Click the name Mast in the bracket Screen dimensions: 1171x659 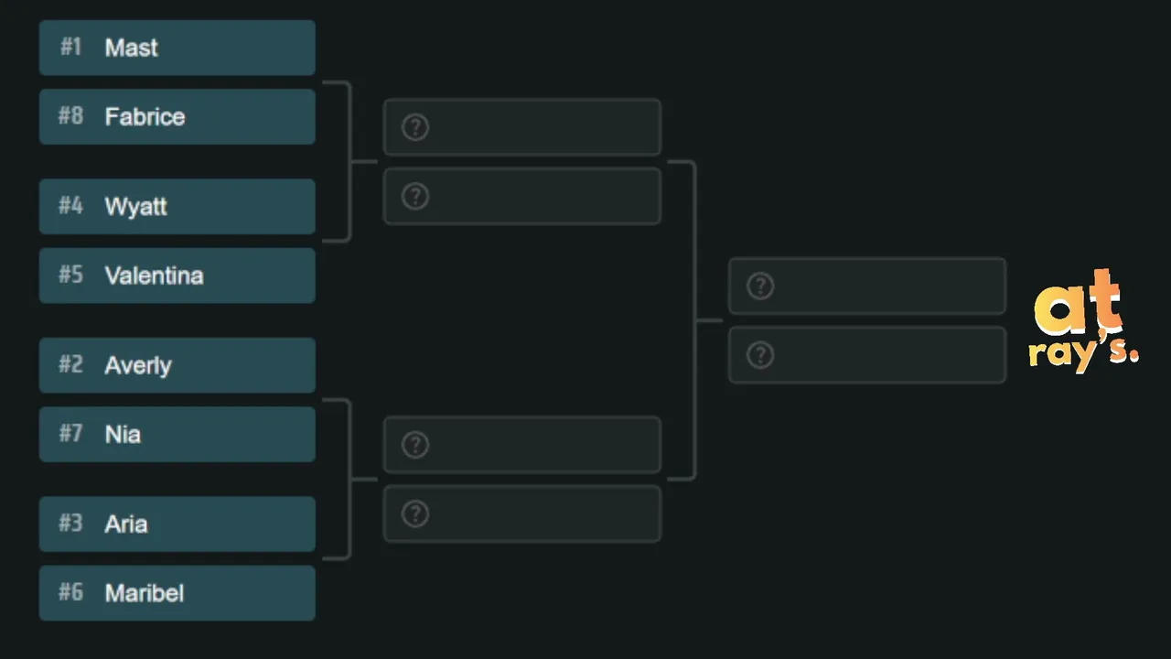(x=131, y=48)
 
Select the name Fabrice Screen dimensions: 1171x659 (x=145, y=116)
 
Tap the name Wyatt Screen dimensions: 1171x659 (x=136, y=207)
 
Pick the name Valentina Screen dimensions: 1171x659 (x=154, y=275)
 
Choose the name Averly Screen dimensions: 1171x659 (x=138, y=365)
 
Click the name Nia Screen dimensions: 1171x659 (x=123, y=435)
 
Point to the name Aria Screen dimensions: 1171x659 (x=126, y=524)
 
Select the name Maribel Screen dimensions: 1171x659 (x=145, y=593)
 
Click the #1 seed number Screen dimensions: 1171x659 (x=71, y=47)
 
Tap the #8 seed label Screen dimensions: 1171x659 (x=70, y=115)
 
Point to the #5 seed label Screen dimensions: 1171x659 (x=70, y=275)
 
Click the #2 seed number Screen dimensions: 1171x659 (x=70, y=364)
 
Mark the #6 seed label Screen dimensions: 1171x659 (x=70, y=592)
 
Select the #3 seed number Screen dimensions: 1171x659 (x=70, y=523)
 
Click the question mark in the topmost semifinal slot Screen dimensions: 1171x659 (x=415, y=127)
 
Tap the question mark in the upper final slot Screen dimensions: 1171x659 (x=760, y=286)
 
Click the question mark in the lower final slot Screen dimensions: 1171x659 (x=760, y=355)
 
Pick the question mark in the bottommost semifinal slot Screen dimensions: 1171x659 (x=415, y=514)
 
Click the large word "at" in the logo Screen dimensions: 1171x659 (x=1078, y=302)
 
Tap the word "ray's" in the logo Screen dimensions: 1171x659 (x=1083, y=353)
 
